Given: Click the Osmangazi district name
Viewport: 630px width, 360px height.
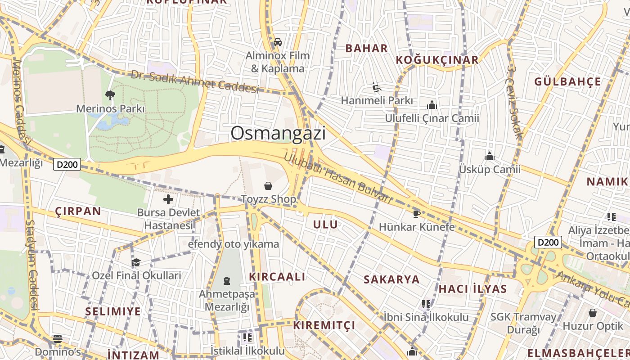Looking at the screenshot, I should point(278,133).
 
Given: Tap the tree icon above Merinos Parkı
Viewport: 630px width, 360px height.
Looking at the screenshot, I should point(110,95).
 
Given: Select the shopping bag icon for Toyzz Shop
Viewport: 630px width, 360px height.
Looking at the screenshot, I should point(268,185).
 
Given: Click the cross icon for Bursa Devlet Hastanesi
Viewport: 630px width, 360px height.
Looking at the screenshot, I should point(168,199).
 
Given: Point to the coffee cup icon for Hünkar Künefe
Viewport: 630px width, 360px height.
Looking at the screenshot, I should point(416,213).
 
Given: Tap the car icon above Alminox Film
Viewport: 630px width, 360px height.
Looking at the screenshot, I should point(278,42).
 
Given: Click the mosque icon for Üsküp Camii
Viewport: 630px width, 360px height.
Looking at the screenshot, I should point(490,157).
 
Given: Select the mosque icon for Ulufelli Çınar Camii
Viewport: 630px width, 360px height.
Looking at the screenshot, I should point(432,105).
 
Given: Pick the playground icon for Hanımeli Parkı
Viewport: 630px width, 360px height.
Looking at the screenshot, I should point(377,87).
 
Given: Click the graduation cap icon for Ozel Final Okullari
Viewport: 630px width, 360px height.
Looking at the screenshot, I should point(136,262).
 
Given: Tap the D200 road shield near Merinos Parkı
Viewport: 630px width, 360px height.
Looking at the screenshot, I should point(67,164).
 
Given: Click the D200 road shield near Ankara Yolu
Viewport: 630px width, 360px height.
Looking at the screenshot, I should point(548,243).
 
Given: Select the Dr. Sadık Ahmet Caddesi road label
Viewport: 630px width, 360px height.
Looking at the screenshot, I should point(195,81).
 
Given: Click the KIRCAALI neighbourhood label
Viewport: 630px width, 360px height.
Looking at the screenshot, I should point(277,277).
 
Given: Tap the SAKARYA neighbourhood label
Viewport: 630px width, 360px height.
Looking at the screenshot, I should point(391,279).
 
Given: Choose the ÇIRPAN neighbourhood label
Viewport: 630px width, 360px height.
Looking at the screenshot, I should point(78,211).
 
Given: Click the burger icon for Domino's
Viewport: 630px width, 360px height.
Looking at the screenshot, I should point(58,338).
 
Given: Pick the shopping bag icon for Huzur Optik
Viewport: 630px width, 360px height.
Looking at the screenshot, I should point(593,313).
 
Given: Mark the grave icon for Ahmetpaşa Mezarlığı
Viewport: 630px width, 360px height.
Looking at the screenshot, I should point(227,281).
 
